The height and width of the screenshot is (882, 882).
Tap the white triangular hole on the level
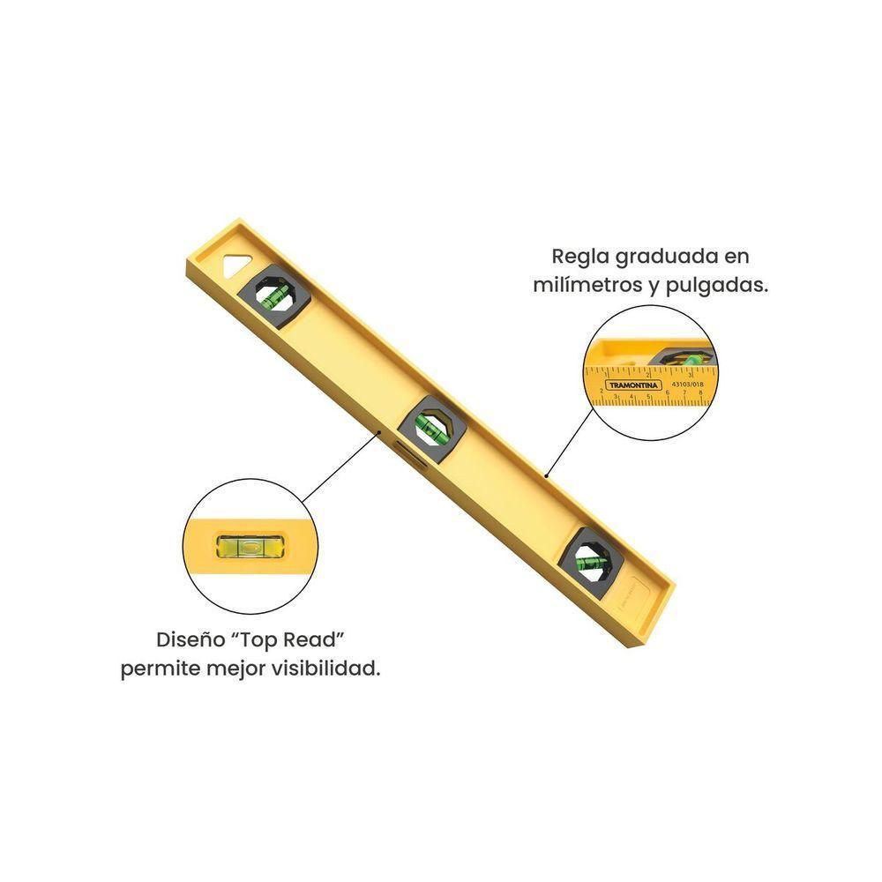235,265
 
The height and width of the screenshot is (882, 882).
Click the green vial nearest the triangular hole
274,295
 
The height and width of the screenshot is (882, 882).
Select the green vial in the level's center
431,427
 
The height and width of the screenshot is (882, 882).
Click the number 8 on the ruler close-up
700,394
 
